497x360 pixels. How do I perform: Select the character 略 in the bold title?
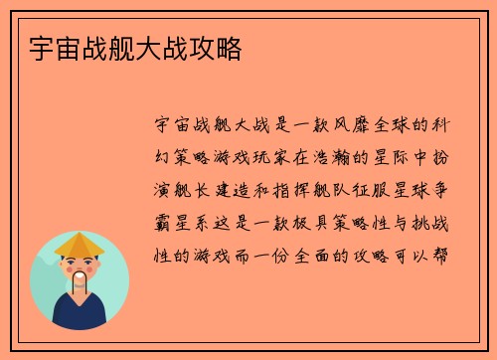(231, 47)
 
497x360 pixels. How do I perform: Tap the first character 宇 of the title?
(41, 47)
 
